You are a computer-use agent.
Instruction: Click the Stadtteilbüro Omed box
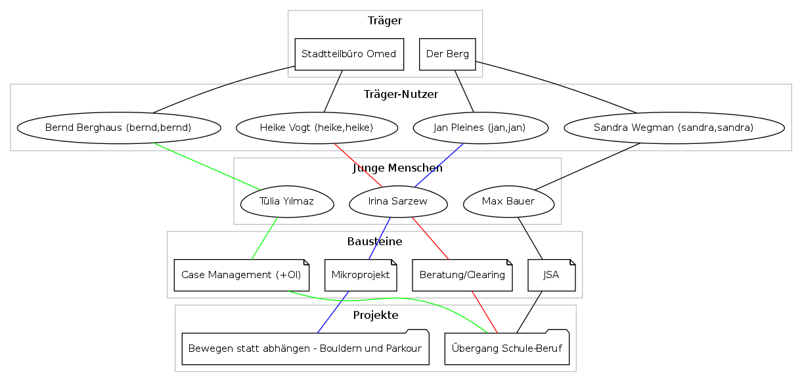coord(348,54)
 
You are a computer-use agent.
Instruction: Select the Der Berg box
coord(447,54)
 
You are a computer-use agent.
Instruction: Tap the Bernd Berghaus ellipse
coord(118,128)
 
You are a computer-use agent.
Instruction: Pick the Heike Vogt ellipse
coord(317,128)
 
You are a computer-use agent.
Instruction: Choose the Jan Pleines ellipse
coord(480,128)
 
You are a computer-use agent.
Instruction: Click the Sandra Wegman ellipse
coord(673,128)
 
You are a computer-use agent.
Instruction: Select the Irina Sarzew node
coord(398,201)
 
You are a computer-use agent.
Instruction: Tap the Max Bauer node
coord(508,201)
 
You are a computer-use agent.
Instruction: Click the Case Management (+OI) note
coord(241,275)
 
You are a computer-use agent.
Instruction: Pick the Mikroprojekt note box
coord(361,275)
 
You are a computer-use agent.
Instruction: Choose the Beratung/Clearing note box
coord(462,275)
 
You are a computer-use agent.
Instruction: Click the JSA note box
coord(552,275)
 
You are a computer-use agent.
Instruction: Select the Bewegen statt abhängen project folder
coord(305,348)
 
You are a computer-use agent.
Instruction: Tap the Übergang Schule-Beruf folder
coord(506,348)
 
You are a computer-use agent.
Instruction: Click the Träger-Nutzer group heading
coord(401,94)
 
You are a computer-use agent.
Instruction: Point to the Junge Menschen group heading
coord(397,168)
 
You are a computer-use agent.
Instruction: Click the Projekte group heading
coord(376,315)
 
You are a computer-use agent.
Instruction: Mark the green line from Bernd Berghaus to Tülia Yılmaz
coord(207,166)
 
